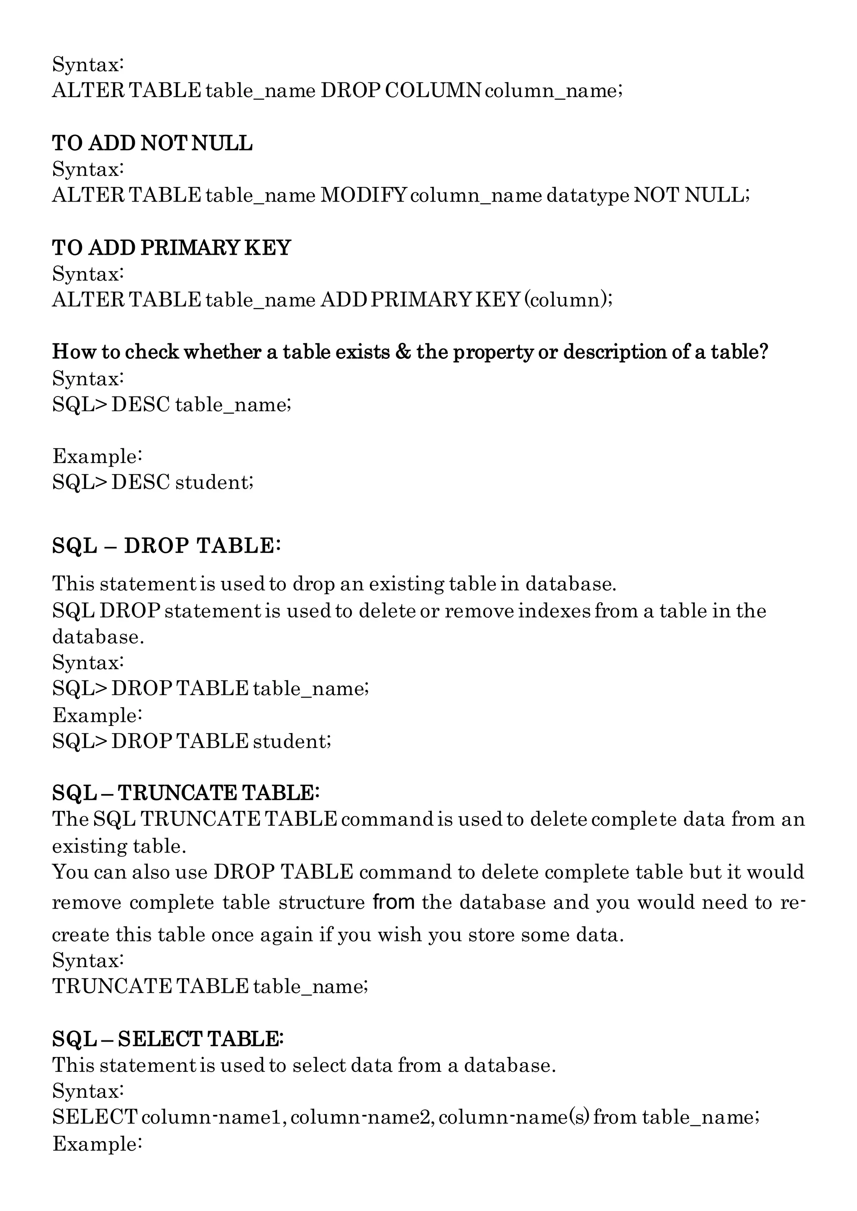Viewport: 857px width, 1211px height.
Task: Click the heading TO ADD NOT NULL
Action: point(152,143)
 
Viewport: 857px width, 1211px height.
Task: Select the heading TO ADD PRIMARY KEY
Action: point(172,248)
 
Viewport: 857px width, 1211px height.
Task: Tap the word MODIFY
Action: point(364,196)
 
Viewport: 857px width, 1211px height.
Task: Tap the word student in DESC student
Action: point(214,482)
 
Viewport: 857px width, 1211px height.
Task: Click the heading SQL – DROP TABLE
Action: point(166,546)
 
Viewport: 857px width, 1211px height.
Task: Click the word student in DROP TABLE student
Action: point(292,741)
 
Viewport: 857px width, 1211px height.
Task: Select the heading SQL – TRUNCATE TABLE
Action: point(186,793)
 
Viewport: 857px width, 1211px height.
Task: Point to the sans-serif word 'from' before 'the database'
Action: point(394,902)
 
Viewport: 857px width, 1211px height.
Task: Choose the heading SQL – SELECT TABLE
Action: point(168,1039)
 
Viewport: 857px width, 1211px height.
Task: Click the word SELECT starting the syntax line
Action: point(95,1117)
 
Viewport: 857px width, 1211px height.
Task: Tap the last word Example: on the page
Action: point(97,1144)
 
